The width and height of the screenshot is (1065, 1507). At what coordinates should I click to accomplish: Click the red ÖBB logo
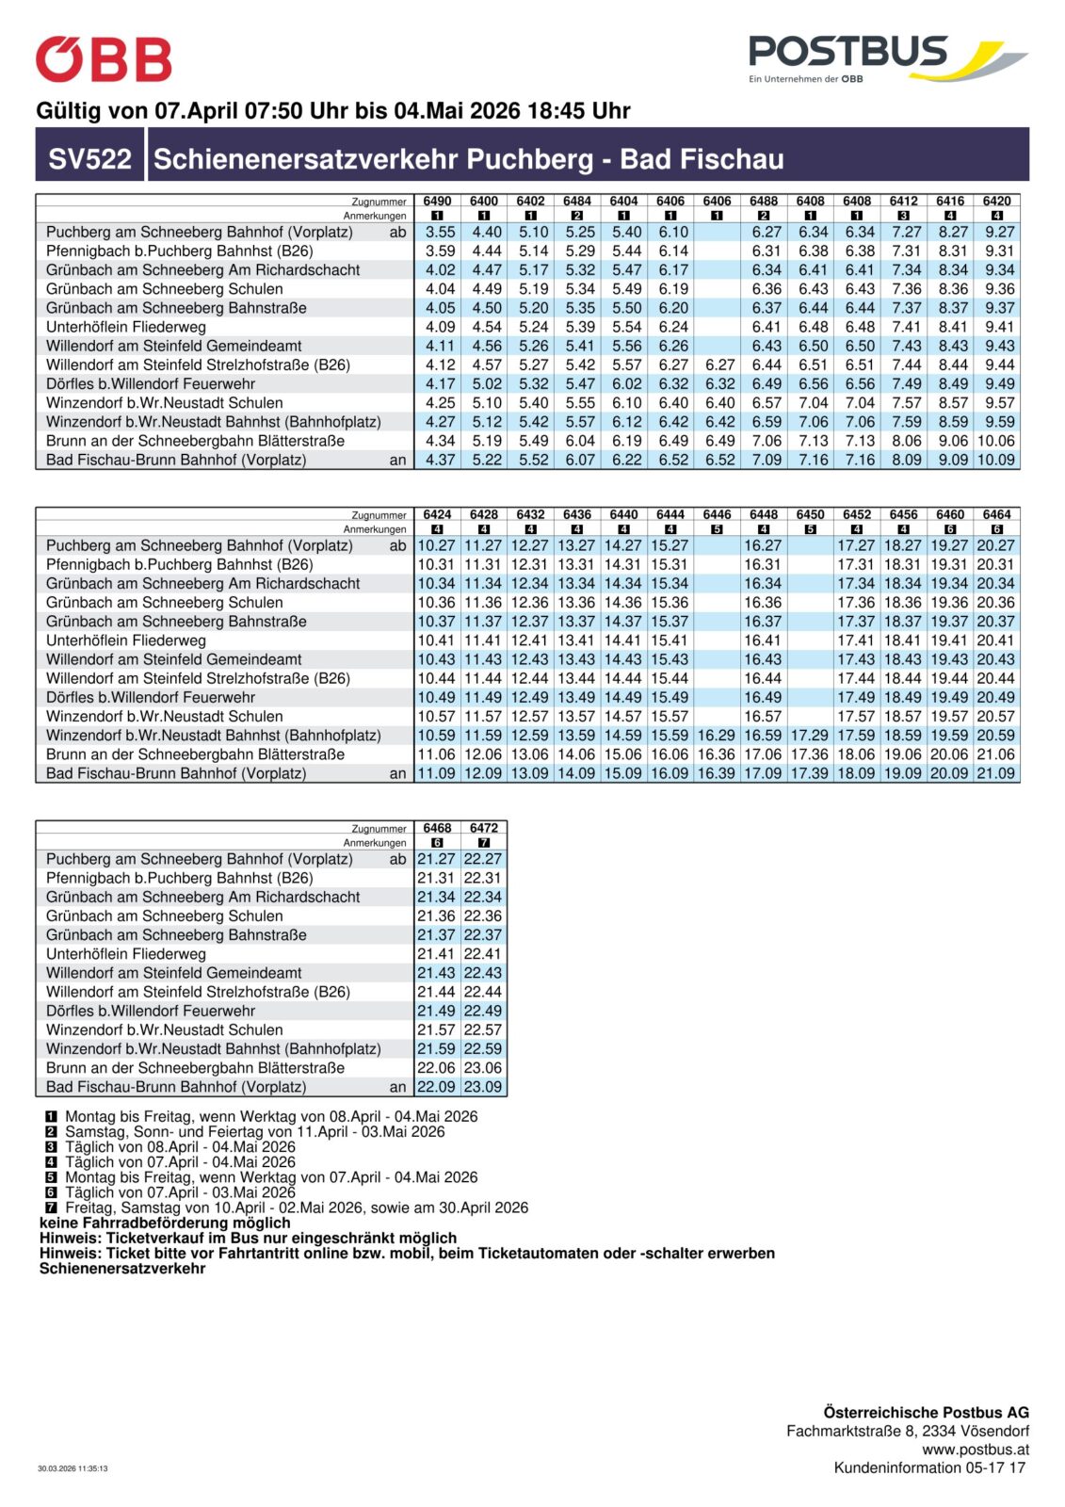pos(104,60)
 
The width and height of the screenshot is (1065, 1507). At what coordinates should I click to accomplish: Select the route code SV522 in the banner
pos(90,158)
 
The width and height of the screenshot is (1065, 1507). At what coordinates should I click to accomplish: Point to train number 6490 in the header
pos(437,201)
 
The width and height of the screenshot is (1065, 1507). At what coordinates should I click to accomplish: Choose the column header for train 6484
pos(577,201)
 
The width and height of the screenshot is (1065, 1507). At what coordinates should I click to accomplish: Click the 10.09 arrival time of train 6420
pos(996,460)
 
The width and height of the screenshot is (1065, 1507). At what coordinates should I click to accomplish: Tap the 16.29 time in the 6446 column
pos(717,735)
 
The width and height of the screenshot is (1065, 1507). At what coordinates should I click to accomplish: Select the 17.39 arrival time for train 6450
pos(810,773)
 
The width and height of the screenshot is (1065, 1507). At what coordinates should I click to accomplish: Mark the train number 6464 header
pos(996,514)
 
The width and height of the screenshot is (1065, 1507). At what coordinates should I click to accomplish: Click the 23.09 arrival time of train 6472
pos(483,1086)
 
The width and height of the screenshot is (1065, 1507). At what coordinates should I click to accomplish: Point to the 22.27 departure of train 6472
pos(483,859)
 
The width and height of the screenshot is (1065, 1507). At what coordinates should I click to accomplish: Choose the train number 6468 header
pos(437,828)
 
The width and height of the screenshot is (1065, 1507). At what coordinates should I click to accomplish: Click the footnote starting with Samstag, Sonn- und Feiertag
pos(254,1131)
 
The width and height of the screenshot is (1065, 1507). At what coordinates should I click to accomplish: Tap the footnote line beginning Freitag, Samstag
pos(296,1207)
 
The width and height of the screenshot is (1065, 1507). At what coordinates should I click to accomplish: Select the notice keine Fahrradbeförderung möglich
pos(165,1223)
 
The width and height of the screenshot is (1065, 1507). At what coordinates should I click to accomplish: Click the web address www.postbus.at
pos(976,1450)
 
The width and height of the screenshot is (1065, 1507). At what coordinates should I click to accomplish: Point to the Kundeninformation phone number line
pos(929,1467)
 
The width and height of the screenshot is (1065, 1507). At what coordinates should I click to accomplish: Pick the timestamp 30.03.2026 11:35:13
pos(73,1467)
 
